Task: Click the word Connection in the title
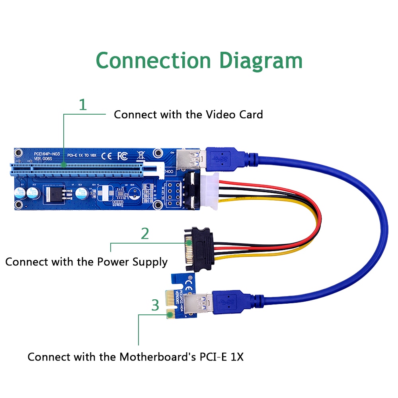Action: [x=153, y=60]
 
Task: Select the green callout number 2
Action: [x=145, y=234]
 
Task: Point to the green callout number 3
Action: [x=155, y=305]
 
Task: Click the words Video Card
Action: [x=234, y=115]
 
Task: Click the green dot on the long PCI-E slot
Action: [x=64, y=164]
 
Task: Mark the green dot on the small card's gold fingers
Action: [x=170, y=315]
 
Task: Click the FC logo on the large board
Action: [x=122, y=155]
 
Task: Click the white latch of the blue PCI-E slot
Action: [x=155, y=170]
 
